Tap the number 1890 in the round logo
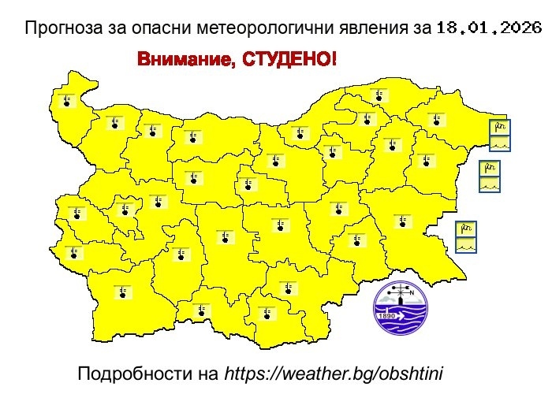(x=387, y=316)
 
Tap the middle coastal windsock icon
(x=490, y=168)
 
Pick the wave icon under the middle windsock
(x=490, y=184)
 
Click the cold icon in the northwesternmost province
(x=67, y=100)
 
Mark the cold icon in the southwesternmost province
(x=122, y=292)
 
